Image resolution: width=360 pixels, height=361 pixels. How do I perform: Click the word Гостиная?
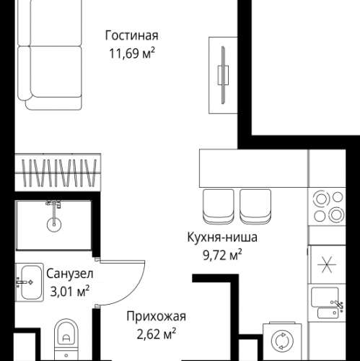pyautogui.click(x=131, y=35)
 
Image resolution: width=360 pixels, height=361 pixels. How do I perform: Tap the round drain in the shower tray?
pyautogui.click(x=53, y=225)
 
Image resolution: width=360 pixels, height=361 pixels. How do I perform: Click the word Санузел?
pyautogui.click(x=69, y=275)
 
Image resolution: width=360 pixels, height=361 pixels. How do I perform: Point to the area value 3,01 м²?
pyautogui.click(x=68, y=291)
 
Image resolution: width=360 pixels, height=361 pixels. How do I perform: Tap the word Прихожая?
pyautogui.click(x=156, y=316)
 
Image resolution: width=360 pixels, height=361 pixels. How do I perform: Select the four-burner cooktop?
pyautogui.click(x=329, y=207)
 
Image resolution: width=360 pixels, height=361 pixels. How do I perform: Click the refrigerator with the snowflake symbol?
pyautogui.click(x=329, y=266)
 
